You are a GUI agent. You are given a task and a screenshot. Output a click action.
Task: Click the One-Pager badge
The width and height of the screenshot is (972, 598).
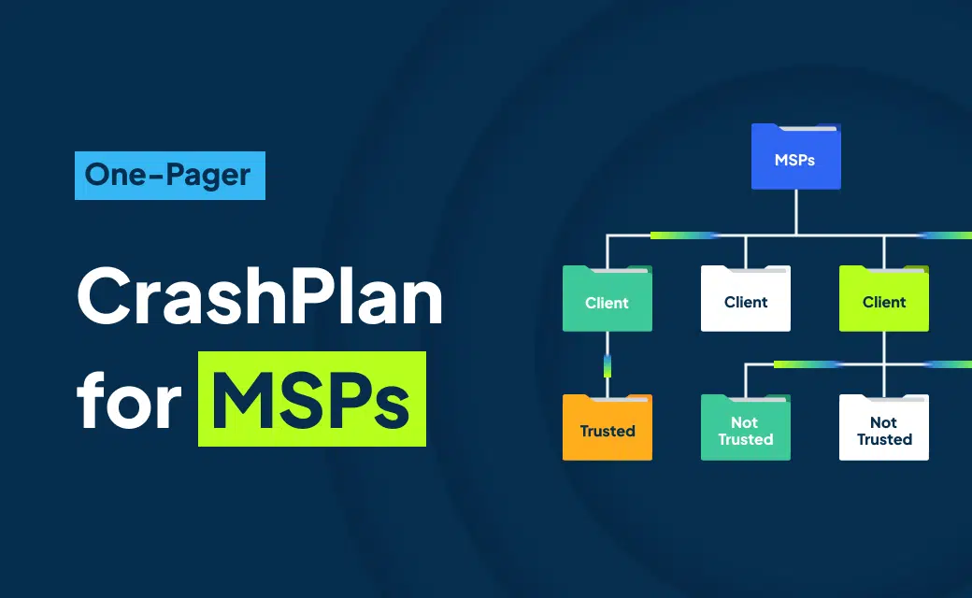(x=169, y=175)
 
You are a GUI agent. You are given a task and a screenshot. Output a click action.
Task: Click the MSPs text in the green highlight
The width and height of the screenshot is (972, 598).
(x=312, y=400)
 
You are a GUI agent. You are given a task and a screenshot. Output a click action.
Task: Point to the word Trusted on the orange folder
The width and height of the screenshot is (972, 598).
(x=607, y=432)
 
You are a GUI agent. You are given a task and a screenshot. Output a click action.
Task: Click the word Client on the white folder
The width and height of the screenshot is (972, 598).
(x=746, y=303)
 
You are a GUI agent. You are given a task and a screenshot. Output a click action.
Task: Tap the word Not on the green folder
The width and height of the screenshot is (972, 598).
(x=745, y=422)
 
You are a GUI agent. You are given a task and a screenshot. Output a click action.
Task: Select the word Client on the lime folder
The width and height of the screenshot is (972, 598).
(x=884, y=303)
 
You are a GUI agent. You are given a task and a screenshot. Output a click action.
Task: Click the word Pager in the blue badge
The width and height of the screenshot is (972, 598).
(x=210, y=176)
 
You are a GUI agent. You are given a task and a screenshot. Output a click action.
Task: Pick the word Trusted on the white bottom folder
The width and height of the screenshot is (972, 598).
(x=884, y=439)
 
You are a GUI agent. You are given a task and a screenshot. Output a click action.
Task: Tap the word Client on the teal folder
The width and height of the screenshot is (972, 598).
(x=607, y=303)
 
